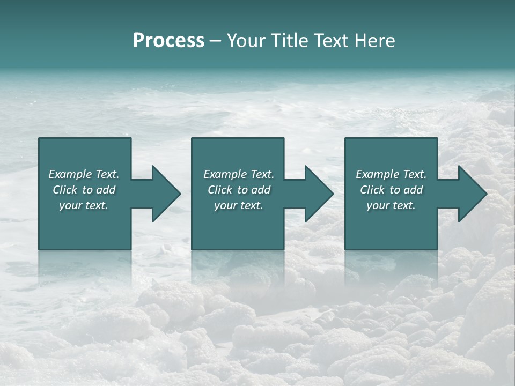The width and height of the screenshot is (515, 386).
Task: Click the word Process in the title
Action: coord(168,41)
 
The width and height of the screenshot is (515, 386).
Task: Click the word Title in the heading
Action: coord(288,41)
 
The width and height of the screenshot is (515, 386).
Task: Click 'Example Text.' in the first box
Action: coord(84,174)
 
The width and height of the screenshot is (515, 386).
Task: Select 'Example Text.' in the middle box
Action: coord(239,174)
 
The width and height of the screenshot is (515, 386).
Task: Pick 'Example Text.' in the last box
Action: coord(391,174)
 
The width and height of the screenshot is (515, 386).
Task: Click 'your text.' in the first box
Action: coord(84,205)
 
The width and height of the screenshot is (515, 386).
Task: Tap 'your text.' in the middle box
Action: coord(239,205)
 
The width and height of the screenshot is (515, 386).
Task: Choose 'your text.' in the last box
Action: coord(391,205)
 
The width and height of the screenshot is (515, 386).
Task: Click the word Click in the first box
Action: coord(65,190)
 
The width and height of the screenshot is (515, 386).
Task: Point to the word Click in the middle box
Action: coord(220,190)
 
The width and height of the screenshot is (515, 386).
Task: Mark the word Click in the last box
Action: coord(372,190)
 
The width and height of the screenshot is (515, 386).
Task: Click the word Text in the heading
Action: coord(331,41)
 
